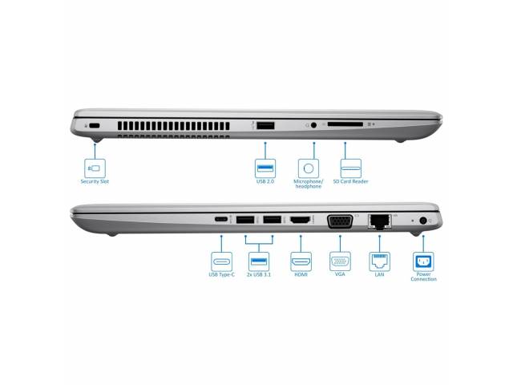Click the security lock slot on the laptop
click(95, 125)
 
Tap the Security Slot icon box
click(95, 168)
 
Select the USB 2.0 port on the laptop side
click(265, 125)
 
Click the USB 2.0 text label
click(265, 181)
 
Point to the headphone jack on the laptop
click(313, 125)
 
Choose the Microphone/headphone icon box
click(309, 168)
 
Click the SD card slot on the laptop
click(345, 124)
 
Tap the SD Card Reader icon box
click(351, 168)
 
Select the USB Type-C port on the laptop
click(221, 219)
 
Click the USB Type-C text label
click(221, 274)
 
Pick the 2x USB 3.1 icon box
click(259, 261)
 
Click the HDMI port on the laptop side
click(301, 220)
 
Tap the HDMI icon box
click(301, 261)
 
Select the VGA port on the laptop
click(340, 221)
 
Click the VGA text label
click(340, 274)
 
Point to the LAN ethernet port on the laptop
click(379, 221)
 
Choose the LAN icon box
click(379, 261)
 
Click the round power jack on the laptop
click(423, 221)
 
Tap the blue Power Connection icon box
click(423, 261)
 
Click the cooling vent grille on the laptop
click(174, 128)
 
